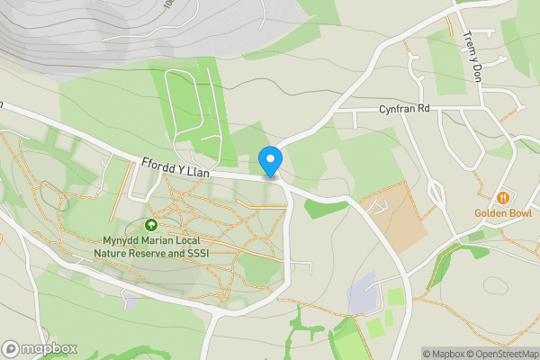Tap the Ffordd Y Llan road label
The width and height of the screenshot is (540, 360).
[x=175, y=168]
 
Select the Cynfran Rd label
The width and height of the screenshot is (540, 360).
[x=405, y=109]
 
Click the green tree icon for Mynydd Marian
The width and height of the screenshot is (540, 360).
[x=151, y=225]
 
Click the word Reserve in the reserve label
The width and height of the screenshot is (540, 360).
[x=157, y=253]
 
